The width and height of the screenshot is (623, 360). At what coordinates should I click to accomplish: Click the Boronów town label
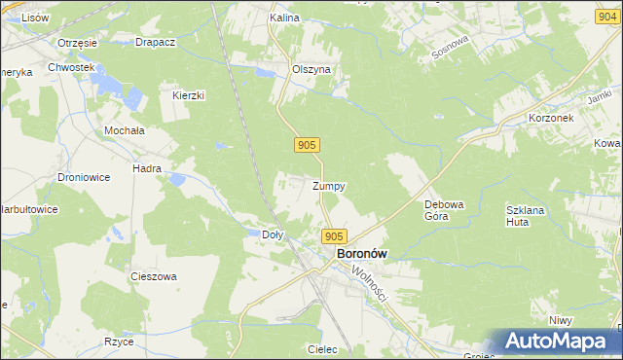(x=361, y=253)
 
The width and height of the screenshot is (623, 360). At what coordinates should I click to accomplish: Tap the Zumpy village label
(x=329, y=185)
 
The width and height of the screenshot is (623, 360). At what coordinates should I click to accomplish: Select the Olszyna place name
(x=311, y=70)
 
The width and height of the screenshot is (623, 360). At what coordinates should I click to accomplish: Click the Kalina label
(x=284, y=18)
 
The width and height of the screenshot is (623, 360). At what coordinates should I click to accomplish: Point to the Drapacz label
(x=155, y=43)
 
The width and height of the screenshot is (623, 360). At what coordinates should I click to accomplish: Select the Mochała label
(x=124, y=129)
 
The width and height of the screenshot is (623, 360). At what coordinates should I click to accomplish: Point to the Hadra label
(x=147, y=168)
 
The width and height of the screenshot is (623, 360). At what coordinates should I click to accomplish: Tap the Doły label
(x=274, y=234)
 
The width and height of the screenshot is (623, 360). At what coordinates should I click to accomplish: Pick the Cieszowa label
(x=154, y=276)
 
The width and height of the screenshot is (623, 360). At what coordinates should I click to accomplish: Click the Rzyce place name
(x=119, y=342)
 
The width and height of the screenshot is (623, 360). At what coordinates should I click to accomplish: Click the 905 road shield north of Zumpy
(x=306, y=145)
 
